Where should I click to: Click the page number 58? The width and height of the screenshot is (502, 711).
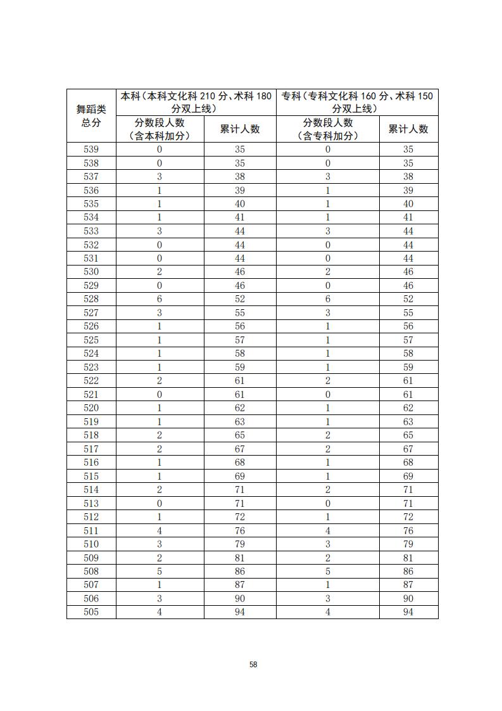pos(253,664)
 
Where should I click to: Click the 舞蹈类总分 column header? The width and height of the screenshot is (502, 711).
pos(91,116)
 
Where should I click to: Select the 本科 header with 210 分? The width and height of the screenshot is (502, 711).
pos(196,102)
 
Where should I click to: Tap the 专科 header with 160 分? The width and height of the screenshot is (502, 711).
pos(357,102)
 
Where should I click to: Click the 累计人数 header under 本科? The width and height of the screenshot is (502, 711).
pos(239,129)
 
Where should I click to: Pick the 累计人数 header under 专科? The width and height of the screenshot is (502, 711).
pos(408,129)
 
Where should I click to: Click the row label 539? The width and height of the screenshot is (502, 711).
pos(91,150)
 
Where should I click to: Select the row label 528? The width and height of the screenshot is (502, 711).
pos(91,299)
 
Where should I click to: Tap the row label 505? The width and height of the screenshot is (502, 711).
pos(91,612)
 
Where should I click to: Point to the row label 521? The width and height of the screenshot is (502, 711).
pos(91,394)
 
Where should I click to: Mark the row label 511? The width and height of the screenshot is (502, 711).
pos(91,530)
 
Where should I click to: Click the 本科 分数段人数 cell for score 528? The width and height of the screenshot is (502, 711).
pos(160,299)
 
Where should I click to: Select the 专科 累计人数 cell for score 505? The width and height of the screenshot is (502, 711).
pos(408,612)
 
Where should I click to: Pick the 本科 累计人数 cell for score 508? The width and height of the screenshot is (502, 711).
pos(239,572)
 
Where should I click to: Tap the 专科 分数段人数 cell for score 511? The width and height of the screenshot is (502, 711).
pos(327,530)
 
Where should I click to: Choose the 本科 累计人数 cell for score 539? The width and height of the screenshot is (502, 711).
pos(239,150)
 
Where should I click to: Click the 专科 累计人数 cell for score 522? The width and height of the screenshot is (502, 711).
pos(408,381)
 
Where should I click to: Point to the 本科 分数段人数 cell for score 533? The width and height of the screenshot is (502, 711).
pos(160,231)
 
